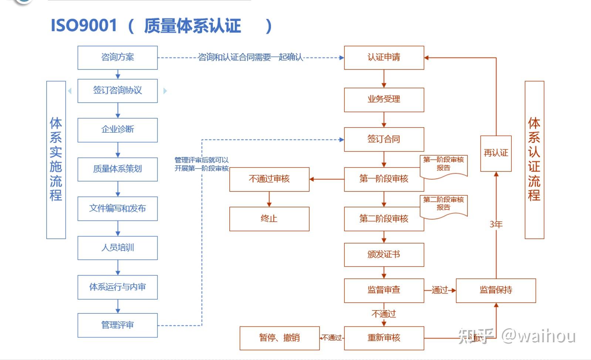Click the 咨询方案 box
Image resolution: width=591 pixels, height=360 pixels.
117,57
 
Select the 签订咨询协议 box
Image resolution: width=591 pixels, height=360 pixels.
117,91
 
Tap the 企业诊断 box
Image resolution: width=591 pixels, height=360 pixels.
117,130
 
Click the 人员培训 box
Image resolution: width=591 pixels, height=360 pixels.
117,248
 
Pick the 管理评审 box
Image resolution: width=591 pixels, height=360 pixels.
117,325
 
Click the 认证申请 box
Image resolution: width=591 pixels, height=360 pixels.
384,57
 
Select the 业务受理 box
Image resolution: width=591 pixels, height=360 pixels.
384,99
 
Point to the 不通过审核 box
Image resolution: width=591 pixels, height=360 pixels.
269,179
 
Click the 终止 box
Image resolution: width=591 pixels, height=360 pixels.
269,219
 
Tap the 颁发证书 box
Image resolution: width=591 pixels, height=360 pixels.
384,255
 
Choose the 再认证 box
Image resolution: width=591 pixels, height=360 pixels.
496,153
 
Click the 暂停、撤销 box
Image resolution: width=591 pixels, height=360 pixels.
279,338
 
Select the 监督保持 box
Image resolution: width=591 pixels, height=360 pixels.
496,290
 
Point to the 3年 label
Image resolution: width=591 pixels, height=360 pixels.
496,224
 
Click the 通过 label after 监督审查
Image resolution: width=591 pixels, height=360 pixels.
439,290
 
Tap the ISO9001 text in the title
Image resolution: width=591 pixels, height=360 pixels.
84,26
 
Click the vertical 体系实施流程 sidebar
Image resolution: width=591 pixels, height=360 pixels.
56,160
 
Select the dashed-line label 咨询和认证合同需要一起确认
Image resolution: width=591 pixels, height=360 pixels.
250,57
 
